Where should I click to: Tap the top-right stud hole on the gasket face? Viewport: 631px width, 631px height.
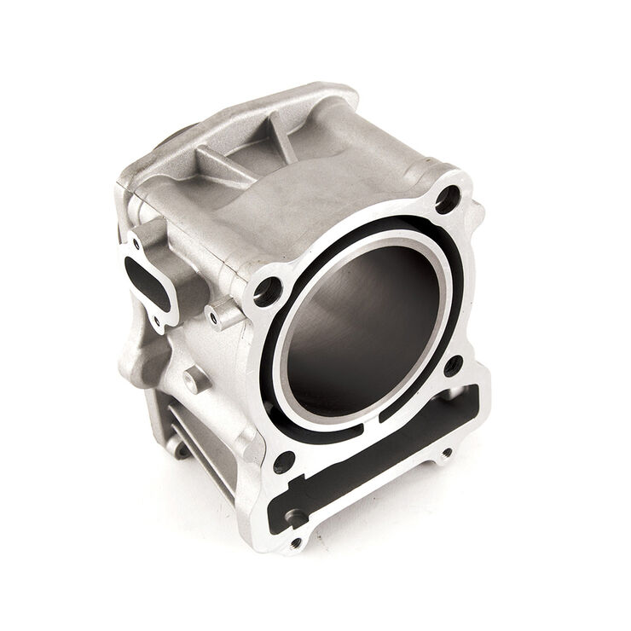pos(446,201)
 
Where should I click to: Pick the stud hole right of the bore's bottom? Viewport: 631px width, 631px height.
pos(453,366)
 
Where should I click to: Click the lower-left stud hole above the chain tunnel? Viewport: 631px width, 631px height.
pos(284,462)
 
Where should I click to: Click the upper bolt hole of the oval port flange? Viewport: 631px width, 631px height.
pos(136,243)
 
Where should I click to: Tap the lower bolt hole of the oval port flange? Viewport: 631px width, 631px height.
pos(157,321)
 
